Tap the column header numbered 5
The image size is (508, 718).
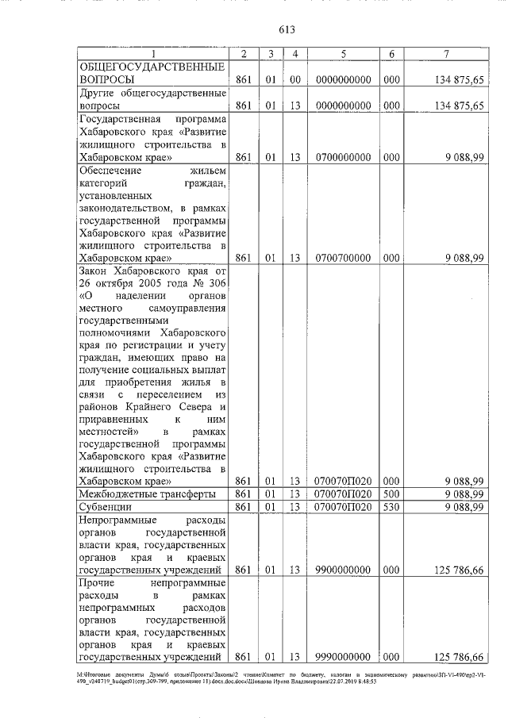pyautogui.click(x=343, y=54)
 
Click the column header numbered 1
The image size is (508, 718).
pyautogui.click(x=154, y=54)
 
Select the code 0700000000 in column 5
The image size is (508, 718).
pyautogui.click(x=343, y=157)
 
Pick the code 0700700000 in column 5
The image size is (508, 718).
pyautogui.click(x=343, y=257)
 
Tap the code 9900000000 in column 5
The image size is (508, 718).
pyautogui.click(x=343, y=569)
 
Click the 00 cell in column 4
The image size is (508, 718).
pyautogui.click(x=294, y=79)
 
